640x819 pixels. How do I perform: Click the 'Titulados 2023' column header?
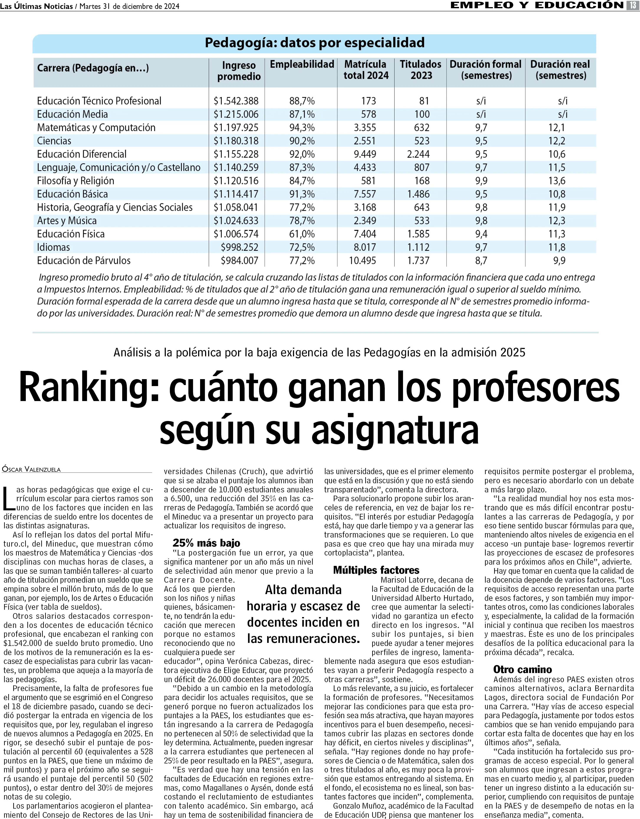421,70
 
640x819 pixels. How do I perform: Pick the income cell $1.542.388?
236,101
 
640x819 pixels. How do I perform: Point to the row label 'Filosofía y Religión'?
75,181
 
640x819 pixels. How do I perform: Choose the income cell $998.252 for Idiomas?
239,247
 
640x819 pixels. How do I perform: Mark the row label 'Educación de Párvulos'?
84,261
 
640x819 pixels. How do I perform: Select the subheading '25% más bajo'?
206,543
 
